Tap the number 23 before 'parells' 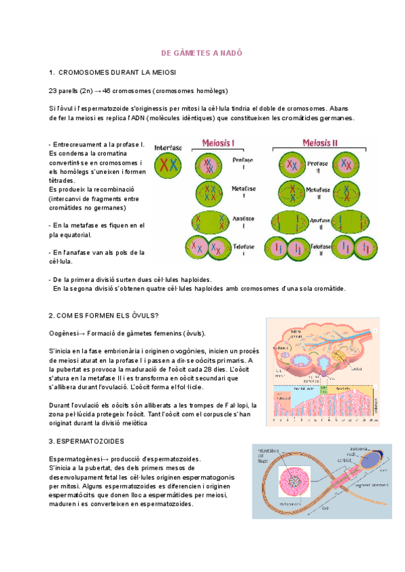coord(53,90)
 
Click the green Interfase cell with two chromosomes coord(168,165)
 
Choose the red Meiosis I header coord(219,144)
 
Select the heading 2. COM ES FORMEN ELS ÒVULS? coord(104,315)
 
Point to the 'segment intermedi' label coord(363,483)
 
